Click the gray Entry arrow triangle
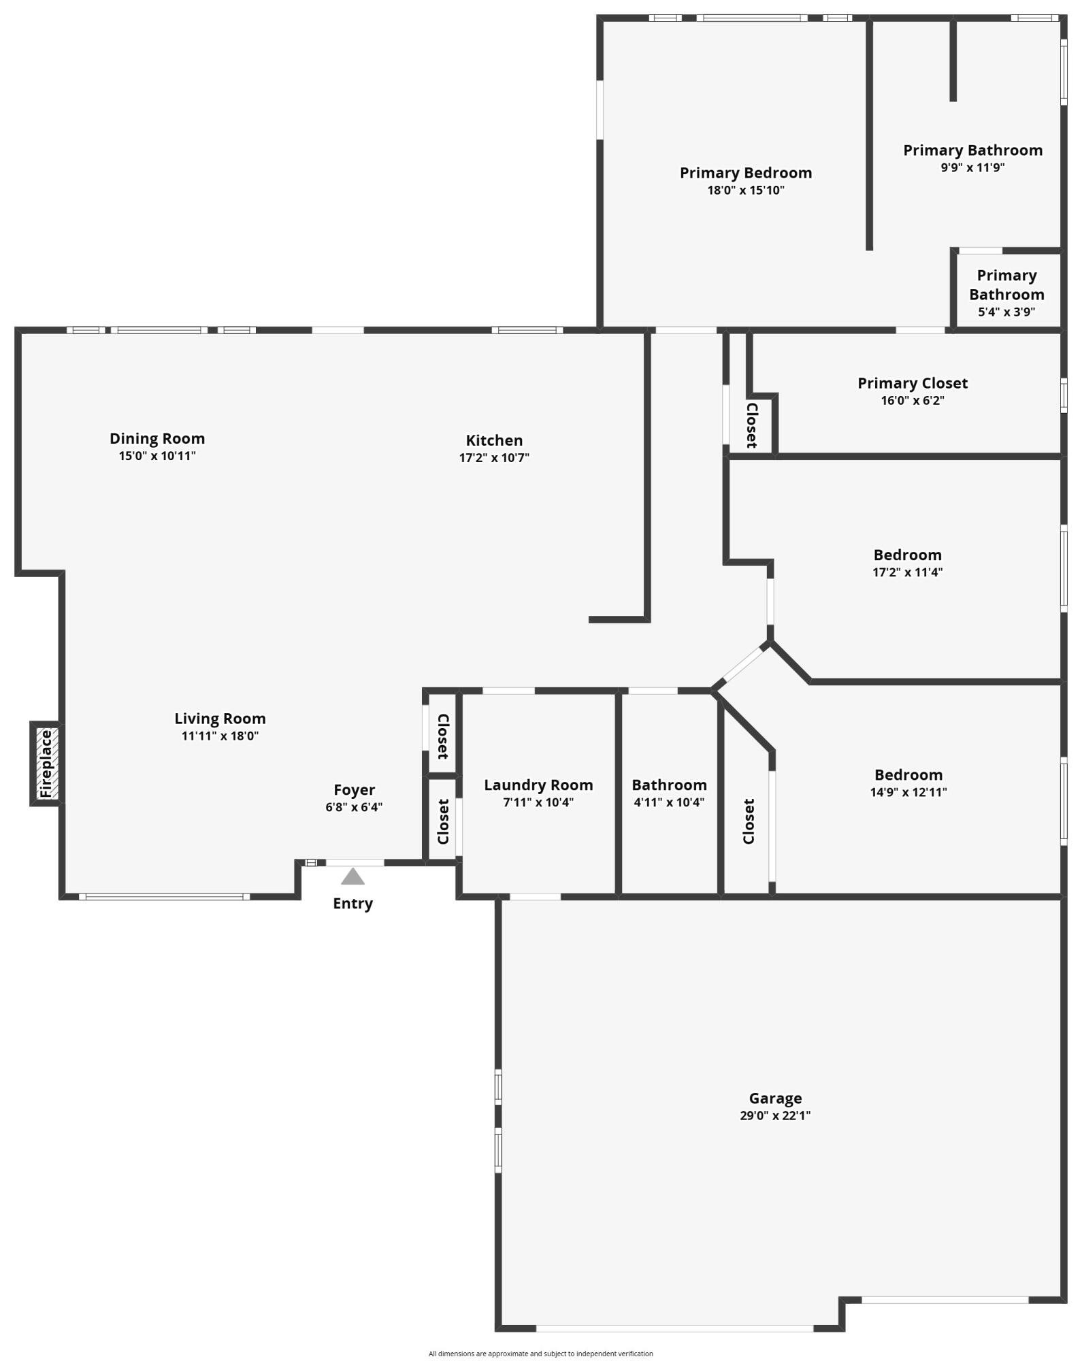click(353, 877)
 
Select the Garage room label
click(775, 1098)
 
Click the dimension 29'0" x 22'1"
click(775, 1116)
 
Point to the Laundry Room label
click(538, 785)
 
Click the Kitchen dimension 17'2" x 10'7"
click(494, 458)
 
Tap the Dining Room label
click(157, 439)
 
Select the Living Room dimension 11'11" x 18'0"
click(220, 736)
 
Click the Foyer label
click(354, 790)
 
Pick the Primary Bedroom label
click(746, 173)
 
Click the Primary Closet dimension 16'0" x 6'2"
click(913, 401)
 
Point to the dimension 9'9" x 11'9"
click(972, 168)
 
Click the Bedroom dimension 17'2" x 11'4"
click(907, 572)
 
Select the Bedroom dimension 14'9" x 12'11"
click(908, 792)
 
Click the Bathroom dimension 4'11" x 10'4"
click(669, 802)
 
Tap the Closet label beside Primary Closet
click(752, 426)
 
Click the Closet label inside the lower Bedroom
click(749, 821)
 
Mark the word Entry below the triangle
click(353, 904)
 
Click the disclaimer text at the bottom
click(540, 1354)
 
